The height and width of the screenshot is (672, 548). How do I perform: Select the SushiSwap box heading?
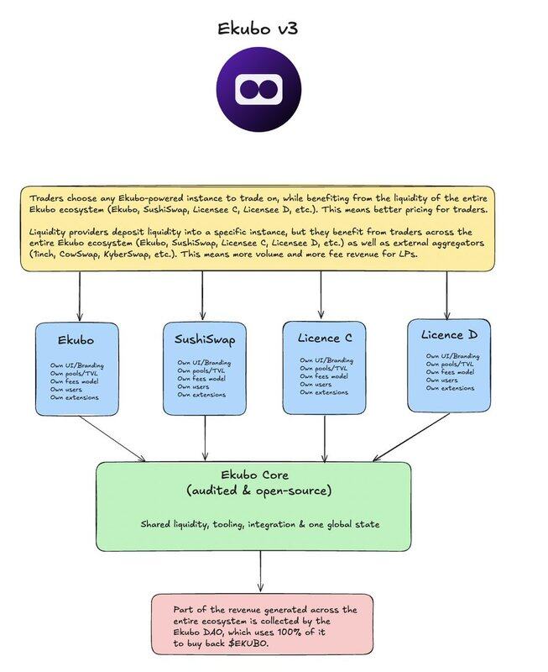coord(205,341)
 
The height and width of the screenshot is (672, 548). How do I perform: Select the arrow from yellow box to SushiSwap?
coord(203,297)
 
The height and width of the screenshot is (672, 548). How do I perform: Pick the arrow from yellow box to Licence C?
coord(321,296)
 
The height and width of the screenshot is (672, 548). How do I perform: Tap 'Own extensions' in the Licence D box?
coord(451,388)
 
